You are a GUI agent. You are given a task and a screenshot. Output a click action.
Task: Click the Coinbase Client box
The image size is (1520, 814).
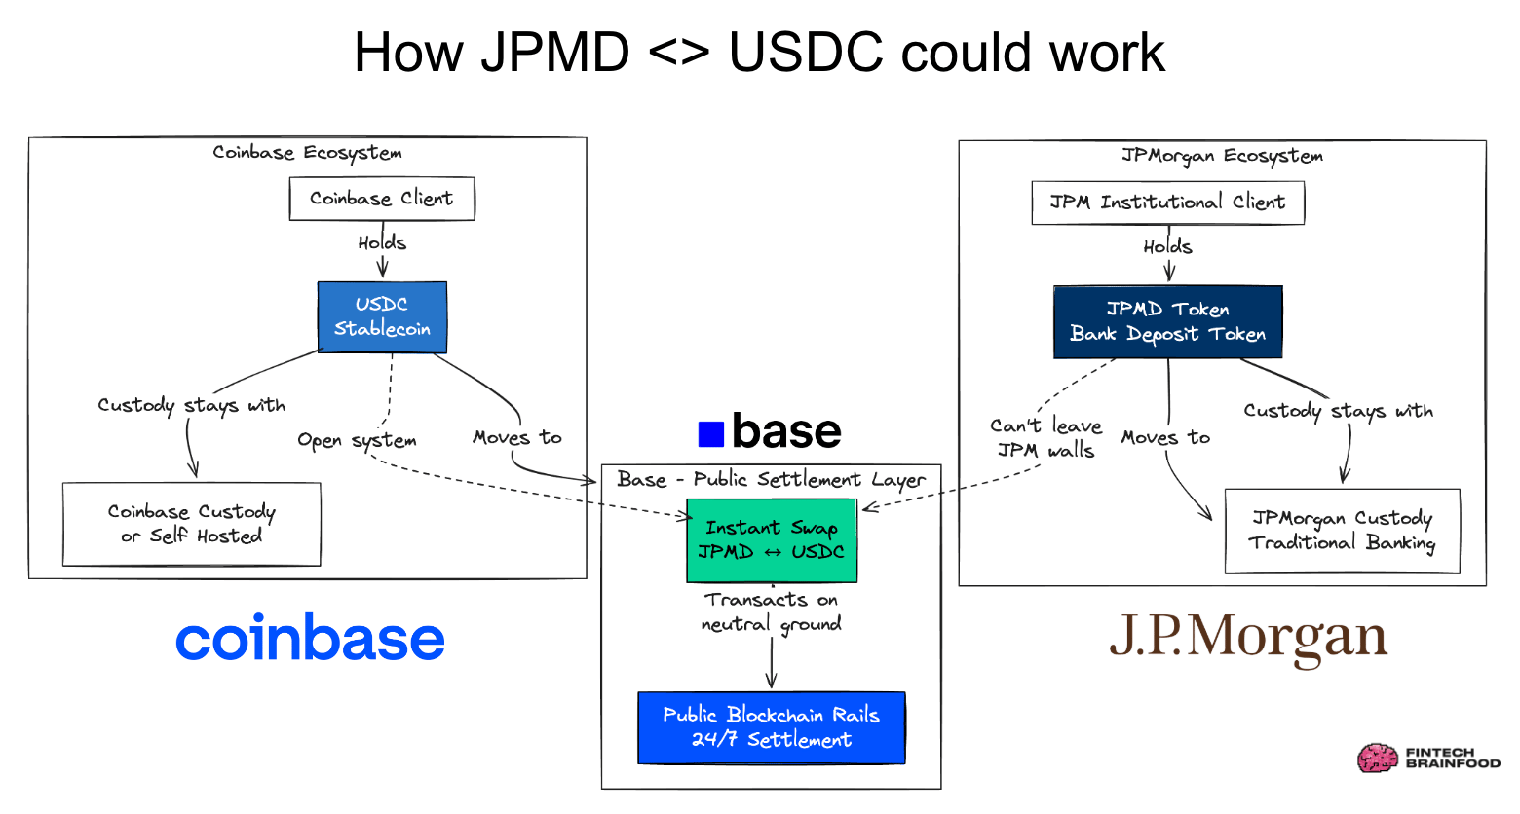tap(382, 199)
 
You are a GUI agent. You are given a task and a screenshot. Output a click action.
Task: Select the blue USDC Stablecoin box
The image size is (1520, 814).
tap(382, 316)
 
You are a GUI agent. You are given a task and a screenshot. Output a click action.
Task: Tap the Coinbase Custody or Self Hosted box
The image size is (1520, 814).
tap(192, 524)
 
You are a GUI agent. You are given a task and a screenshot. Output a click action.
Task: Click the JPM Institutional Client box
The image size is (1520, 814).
tap(1167, 203)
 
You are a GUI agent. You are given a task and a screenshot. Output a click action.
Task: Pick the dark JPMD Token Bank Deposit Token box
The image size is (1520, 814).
tap(1167, 321)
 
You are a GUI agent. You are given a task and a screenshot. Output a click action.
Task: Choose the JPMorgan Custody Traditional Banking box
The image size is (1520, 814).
tap(1342, 531)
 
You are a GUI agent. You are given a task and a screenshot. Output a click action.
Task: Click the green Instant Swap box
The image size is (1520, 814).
tap(772, 540)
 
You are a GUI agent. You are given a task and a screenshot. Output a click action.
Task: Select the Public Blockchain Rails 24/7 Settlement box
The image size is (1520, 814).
tap(772, 727)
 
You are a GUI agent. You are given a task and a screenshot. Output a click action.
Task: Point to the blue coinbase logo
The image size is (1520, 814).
tap(310, 639)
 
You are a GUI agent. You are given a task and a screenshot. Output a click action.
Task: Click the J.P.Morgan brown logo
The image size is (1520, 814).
tap(1248, 639)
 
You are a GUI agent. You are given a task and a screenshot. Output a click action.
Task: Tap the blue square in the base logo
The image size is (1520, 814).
tap(711, 433)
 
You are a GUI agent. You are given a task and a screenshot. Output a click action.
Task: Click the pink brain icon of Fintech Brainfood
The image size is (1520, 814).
tap(1378, 758)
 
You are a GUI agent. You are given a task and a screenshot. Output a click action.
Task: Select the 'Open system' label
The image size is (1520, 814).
tap(357, 440)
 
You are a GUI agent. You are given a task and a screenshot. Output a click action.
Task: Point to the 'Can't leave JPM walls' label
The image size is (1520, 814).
tap(1045, 438)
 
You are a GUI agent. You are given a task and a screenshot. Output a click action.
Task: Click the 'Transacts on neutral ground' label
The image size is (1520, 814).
tap(772, 612)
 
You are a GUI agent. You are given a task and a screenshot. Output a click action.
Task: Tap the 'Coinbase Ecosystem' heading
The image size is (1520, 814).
tap(307, 153)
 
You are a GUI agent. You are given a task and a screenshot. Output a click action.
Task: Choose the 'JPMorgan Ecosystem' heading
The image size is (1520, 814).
tap(1222, 156)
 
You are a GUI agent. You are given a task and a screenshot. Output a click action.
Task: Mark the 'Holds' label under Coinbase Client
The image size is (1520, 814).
tap(382, 242)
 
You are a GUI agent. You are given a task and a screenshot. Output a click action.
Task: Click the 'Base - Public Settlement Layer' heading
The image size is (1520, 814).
tap(771, 480)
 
